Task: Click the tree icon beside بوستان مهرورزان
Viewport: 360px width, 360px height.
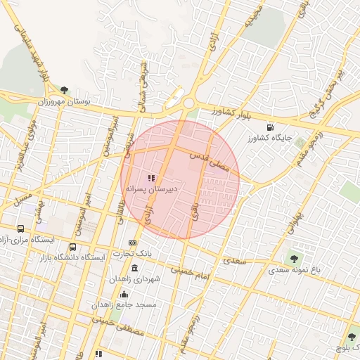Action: click(x=65, y=91)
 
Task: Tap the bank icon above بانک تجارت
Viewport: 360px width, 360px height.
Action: click(x=131, y=243)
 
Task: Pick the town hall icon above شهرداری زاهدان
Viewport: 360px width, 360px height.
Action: click(x=134, y=269)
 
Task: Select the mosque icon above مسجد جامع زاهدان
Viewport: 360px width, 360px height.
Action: click(x=124, y=295)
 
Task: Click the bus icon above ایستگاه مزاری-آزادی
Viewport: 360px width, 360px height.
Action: click(x=21, y=229)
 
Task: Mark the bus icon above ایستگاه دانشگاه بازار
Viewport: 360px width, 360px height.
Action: click(x=73, y=247)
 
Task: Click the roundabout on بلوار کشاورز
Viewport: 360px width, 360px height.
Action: click(x=188, y=103)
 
